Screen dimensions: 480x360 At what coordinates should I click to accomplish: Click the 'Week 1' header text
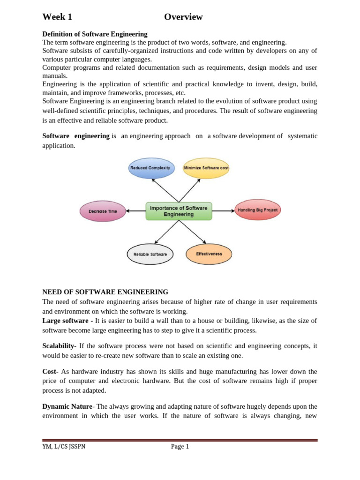(x=57, y=17)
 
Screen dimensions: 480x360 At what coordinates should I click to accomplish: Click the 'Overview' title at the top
(x=183, y=17)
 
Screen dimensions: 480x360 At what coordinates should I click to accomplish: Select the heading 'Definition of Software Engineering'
(x=95, y=34)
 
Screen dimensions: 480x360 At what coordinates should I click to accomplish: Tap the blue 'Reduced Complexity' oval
(x=151, y=168)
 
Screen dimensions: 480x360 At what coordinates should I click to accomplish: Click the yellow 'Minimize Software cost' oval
(x=206, y=168)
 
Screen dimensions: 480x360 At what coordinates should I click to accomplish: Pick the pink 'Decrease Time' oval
(x=103, y=211)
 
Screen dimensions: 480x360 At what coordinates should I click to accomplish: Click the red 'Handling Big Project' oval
(x=257, y=210)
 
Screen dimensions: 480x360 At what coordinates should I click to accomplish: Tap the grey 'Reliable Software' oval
(x=150, y=255)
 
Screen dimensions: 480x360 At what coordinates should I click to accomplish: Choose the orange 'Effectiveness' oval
(x=209, y=254)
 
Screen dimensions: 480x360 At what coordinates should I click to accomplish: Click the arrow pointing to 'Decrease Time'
(x=136, y=211)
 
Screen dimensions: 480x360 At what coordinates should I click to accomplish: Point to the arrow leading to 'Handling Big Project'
(x=224, y=211)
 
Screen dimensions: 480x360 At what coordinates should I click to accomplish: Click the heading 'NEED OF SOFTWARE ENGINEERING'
(x=105, y=292)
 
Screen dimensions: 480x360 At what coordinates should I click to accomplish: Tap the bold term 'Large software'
(x=65, y=321)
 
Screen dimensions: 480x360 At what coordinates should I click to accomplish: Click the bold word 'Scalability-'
(x=60, y=346)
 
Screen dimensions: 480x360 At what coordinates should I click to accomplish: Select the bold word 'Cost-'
(x=51, y=371)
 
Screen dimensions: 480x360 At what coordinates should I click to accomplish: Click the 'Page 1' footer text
(x=180, y=447)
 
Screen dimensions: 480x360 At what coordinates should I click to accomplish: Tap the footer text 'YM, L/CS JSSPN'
(x=64, y=447)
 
